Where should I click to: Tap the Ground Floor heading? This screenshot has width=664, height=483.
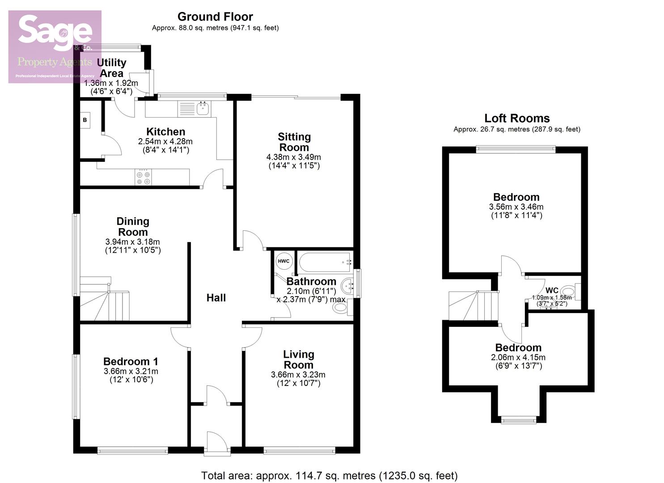coord(215,17)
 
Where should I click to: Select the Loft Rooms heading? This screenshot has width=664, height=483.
coord(517,119)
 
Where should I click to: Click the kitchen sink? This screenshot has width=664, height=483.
coord(203,108)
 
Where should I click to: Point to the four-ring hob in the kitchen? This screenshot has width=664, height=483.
coord(144,177)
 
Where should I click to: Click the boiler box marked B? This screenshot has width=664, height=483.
coord(85,120)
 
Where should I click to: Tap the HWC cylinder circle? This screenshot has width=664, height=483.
coord(283,261)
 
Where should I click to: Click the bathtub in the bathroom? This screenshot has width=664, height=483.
coord(325,263)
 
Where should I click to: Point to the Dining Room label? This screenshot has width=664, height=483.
coord(133,227)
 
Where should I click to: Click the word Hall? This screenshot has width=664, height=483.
coord(216,298)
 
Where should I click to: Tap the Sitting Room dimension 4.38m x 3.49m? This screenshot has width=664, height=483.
coord(294,157)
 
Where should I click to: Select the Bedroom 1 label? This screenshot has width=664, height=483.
coord(131,361)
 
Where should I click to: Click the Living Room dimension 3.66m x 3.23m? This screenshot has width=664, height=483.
coord(298,375)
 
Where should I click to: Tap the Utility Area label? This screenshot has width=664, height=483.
coord(112,68)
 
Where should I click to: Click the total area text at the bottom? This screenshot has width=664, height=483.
coord(329,475)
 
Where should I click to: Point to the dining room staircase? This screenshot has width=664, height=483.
coord(105,300)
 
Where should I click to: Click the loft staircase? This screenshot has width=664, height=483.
coord(473,305)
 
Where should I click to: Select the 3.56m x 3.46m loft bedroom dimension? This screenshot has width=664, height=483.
coord(516,207)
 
